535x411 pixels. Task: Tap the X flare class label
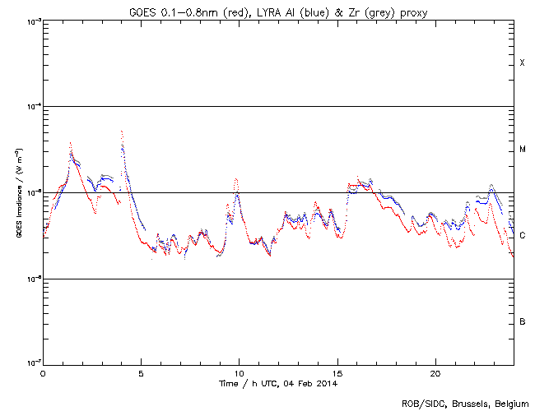tap(522, 63)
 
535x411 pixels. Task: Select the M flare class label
tap(522, 150)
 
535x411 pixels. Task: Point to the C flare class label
tap(522, 235)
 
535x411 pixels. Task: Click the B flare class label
tap(522, 321)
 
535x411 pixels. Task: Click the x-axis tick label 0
tap(43, 373)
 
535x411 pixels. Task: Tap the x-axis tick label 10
tap(239, 373)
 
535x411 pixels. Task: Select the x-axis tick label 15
tap(337, 373)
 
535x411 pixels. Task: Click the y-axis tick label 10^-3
tap(31, 21)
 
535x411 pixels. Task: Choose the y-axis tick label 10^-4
tap(31, 107)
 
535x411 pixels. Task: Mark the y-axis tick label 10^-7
tap(31, 363)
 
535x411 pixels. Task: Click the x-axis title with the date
tap(277, 384)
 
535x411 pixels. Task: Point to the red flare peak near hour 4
tap(122, 132)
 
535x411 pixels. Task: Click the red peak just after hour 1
tap(71, 143)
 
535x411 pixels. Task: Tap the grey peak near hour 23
tap(491, 186)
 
